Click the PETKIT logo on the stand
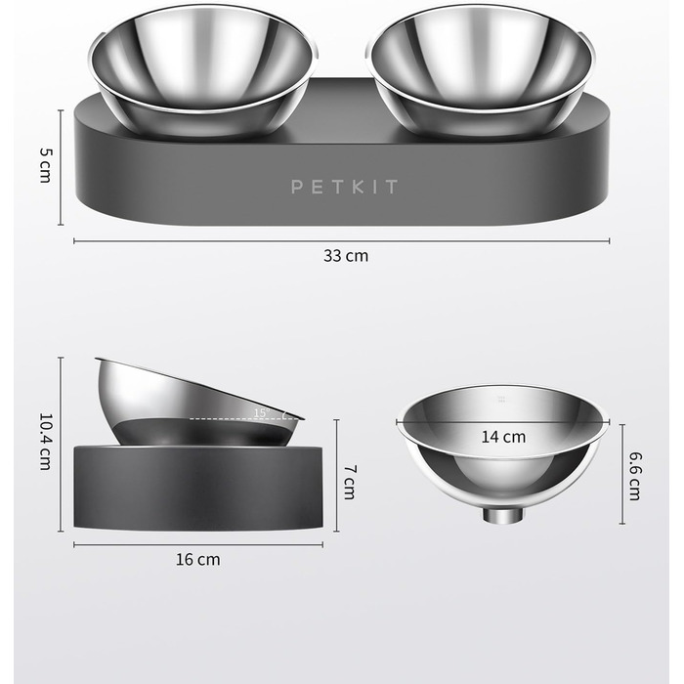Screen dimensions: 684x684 pos(344,187)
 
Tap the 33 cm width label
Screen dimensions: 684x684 pos(346,256)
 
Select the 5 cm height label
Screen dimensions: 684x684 pos(45,165)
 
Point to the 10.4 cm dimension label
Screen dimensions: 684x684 pos(45,442)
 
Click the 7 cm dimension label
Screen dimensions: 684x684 pos(350,482)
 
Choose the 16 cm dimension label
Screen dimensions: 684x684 pos(198,560)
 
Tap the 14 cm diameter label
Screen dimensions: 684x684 pos(503,437)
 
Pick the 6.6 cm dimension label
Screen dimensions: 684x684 pos(635,476)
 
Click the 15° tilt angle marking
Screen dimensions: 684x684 pos(262,412)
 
